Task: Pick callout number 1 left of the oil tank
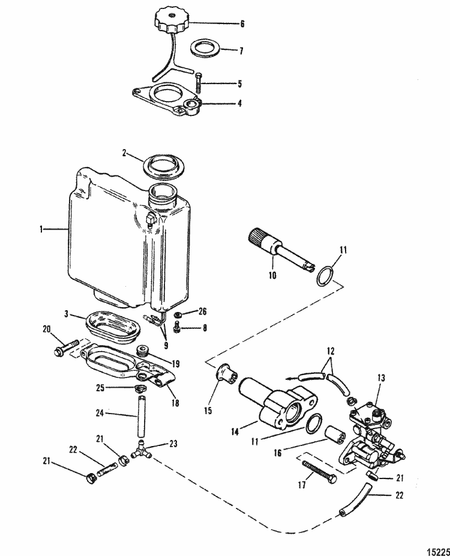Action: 42,228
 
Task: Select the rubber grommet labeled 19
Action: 143,351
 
